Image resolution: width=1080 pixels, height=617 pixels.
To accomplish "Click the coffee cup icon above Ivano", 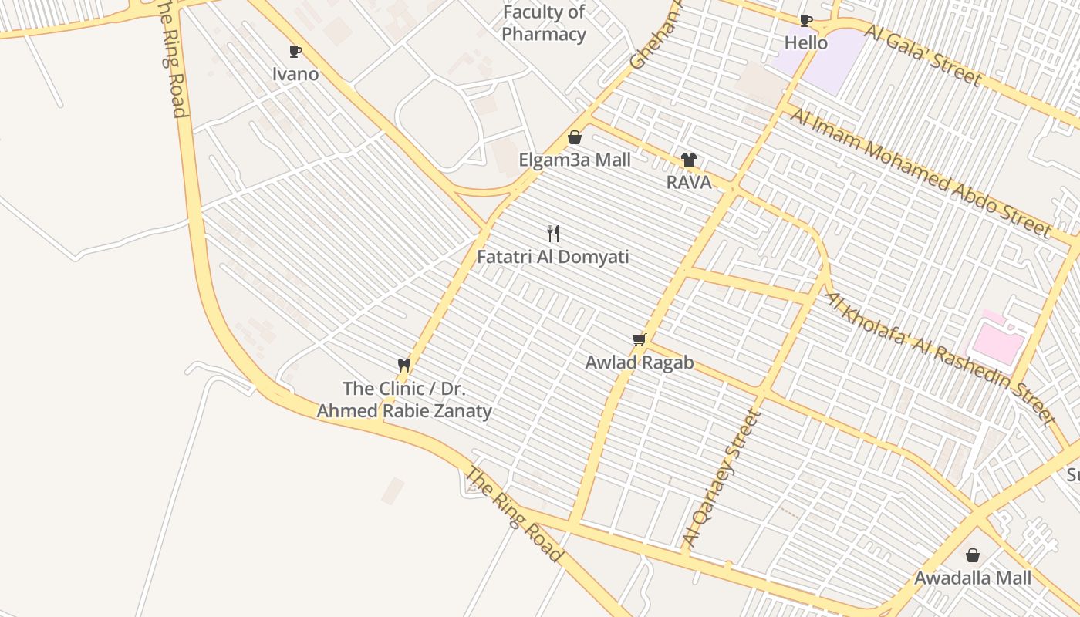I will pos(295,52).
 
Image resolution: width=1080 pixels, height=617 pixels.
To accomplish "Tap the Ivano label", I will pos(295,74).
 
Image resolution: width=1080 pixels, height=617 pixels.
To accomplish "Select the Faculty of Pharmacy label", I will pos(544,23).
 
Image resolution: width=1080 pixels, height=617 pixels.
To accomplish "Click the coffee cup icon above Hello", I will pos(806,20).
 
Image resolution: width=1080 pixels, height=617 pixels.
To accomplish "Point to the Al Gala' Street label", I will pos(923,55).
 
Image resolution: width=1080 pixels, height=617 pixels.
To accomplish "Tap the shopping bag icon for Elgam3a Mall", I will pos(575,137).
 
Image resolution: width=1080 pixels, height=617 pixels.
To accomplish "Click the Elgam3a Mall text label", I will pos(575,160).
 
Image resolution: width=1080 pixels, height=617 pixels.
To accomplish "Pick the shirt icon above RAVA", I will pos(689,160).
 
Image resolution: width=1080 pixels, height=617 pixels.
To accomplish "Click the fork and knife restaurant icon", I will pos(552,234).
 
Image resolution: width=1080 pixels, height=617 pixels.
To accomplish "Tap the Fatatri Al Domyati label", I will pos(552,257).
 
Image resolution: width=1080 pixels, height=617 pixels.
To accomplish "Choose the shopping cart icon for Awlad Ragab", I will pos(639,340).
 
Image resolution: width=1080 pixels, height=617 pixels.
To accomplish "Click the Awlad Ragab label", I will pos(639,362).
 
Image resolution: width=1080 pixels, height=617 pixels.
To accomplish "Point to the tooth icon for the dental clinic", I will pos(403,365).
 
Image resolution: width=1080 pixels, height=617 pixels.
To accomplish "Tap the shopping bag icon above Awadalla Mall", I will pos(973,555).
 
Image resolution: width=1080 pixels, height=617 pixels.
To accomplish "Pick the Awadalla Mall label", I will pos(973,578).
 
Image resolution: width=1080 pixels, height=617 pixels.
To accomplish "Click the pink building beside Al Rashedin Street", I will pos(998,339).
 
